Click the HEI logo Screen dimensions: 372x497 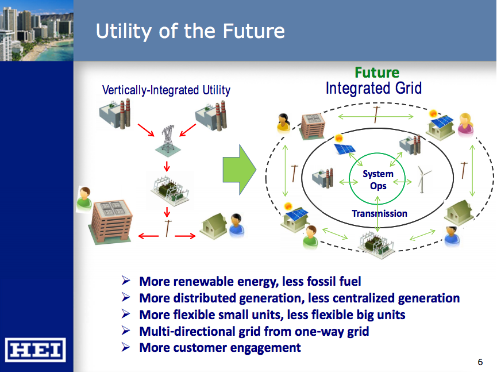pos(37,350)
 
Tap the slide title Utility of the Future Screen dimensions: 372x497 pos(190,31)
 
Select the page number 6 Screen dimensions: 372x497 pos(480,362)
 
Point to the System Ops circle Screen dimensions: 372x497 pos(377,179)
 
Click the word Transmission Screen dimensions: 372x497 pos(379,214)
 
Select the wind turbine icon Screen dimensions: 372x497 pos(424,179)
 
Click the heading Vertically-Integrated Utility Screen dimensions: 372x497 pos(166,90)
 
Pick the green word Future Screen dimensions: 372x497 pos(376,72)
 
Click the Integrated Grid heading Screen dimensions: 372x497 pos(373,89)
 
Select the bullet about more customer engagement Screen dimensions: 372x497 pos(219,347)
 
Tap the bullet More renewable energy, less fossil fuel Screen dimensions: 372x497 pos(250,282)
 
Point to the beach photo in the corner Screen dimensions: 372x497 pos(36,30)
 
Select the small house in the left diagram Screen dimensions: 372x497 pos(213,226)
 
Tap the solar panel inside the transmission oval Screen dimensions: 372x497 pos(345,147)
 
